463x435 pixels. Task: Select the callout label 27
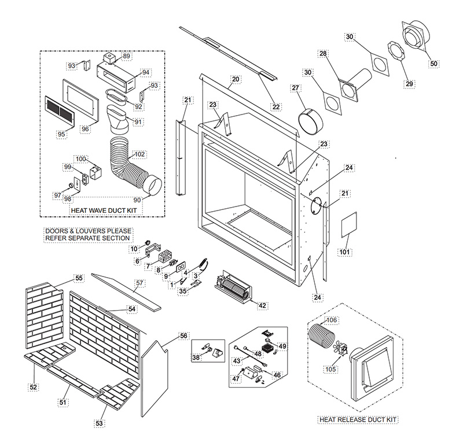[x=296, y=88]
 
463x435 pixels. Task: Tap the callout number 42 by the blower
[x=262, y=305]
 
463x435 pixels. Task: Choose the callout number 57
[x=139, y=283]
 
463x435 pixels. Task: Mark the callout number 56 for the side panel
[x=183, y=336]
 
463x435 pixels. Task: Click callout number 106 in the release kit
[x=332, y=320]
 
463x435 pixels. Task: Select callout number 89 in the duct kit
[x=127, y=56]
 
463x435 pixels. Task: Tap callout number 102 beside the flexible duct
[x=139, y=154]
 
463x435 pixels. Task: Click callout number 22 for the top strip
[x=275, y=106]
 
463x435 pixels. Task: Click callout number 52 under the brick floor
[x=34, y=387]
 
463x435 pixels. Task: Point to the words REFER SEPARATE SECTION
[x=88, y=238]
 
